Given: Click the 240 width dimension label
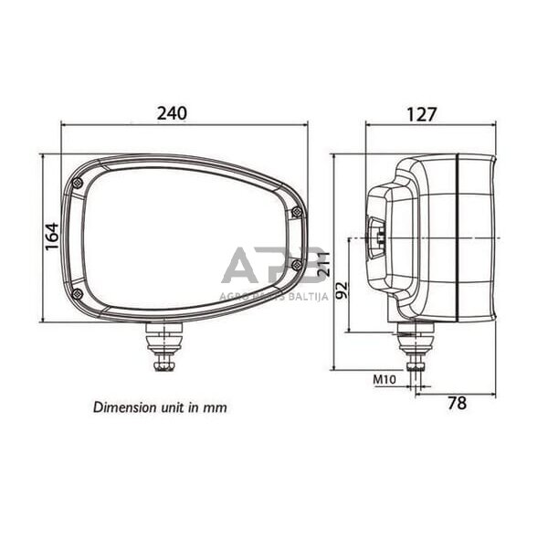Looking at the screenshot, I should (x=171, y=113).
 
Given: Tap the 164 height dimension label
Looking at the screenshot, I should (x=52, y=237).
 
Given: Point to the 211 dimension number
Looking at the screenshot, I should (x=321, y=262).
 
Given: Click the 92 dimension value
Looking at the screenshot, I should (x=342, y=292).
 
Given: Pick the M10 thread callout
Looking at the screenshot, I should (x=384, y=378).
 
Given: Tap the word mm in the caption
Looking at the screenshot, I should (x=216, y=407).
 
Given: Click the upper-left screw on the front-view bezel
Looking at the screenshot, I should (x=78, y=184).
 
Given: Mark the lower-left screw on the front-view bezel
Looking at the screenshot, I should (x=77, y=293).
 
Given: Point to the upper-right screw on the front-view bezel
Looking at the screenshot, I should (x=296, y=213).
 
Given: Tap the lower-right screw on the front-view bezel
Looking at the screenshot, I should (x=296, y=265).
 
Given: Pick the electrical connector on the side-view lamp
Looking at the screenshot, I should (x=374, y=239).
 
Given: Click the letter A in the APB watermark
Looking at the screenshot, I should (x=241, y=266).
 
